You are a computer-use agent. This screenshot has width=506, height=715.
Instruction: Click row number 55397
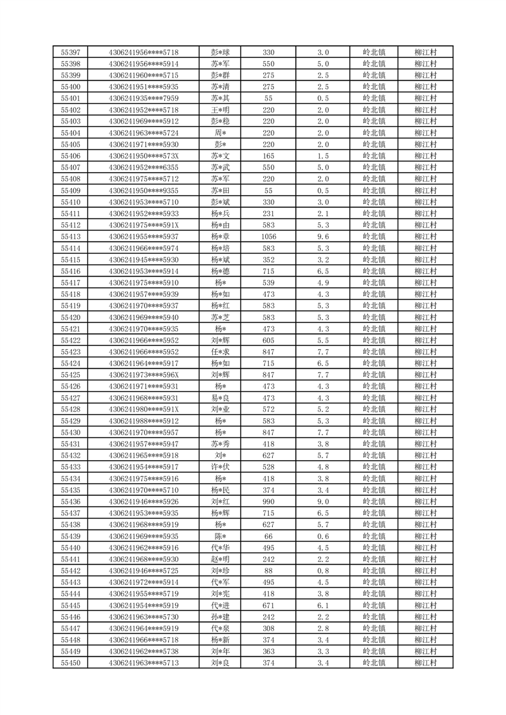(70, 52)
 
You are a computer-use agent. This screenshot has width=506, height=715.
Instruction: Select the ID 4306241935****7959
(143, 98)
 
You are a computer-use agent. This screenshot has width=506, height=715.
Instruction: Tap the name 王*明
(220, 110)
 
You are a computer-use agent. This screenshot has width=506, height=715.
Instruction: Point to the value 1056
(268, 236)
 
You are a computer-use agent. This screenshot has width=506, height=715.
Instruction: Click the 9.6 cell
(323, 236)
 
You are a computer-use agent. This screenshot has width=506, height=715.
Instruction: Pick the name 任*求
(220, 352)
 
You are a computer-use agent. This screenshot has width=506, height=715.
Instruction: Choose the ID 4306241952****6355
(143, 167)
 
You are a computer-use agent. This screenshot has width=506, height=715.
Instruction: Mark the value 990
(268, 502)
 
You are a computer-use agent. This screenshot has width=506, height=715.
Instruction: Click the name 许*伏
(220, 466)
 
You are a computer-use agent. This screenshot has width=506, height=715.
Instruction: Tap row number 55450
(70, 663)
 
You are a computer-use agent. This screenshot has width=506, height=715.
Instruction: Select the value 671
(268, 605)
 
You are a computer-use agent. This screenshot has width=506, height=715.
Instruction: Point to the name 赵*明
(220, 559)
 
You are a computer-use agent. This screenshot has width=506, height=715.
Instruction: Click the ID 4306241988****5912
(143, 421)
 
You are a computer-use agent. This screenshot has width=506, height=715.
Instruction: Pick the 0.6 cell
(323, 536)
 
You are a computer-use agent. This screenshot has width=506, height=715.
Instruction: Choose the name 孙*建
(220, 617)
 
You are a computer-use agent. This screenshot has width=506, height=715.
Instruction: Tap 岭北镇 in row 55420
(373, 317)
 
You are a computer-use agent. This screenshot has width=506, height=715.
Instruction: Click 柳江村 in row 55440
(425, 547)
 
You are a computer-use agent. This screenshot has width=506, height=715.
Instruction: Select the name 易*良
(220, 398)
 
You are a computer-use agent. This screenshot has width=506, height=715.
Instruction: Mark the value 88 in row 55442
(268, 570)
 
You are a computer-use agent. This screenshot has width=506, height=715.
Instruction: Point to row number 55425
(70, 375)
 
